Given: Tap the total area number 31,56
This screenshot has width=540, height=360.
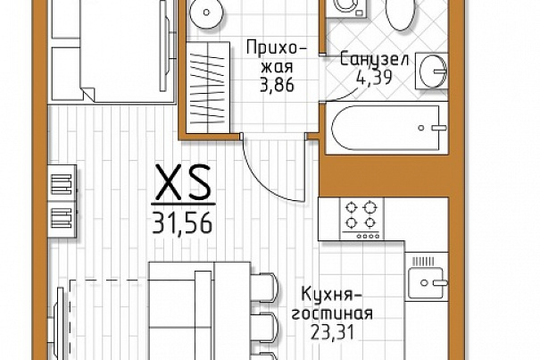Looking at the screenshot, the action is click(182, 222).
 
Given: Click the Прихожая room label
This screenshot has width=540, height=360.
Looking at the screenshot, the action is click(276, 57).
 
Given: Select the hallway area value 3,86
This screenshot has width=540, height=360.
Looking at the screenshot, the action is click(278, 85).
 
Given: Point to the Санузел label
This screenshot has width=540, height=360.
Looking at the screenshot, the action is click(374, 59).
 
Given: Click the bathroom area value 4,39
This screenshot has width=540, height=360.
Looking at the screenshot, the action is click(374, 77).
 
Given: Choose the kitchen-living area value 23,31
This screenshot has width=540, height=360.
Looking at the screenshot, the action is click(332, 332).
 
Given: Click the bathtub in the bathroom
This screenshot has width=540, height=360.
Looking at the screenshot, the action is click(387, 128).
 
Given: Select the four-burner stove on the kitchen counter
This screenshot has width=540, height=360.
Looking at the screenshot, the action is click(361, 219).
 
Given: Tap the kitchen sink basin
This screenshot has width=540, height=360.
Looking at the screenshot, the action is click(426, 282).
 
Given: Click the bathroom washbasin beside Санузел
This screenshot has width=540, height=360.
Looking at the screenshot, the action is click(431, 71).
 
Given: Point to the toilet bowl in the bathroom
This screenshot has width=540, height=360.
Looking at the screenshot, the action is click(400, 14).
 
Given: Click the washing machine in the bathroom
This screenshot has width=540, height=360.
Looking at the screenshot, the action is click(346, 8).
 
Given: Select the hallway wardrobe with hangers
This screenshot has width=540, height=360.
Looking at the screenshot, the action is click(208, 88).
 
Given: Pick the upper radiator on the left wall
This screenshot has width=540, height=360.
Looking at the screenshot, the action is click(62, 184).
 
